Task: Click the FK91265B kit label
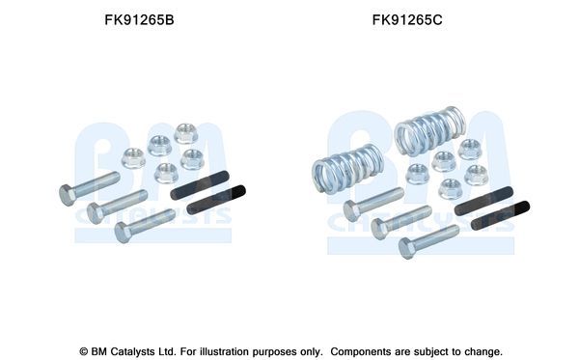point(139,20)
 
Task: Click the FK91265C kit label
point(407,20)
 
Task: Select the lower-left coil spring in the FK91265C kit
point(347,169)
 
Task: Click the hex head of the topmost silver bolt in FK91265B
point(68,195)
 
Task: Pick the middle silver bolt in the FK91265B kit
point(117,207)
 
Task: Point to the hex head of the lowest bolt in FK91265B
point(123,232)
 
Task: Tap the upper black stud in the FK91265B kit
point(200,185)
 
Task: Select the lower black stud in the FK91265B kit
point(216,200)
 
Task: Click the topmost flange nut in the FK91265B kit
point(185,133)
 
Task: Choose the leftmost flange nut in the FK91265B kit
point(133,158)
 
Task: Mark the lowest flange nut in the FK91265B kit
point(166,173)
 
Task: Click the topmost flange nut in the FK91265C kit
point(470,149)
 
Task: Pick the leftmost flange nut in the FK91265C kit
point(417,174)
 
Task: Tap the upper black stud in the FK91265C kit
point(483,201)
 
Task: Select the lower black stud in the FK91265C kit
point(500,215)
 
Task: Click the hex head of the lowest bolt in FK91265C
point(407,248)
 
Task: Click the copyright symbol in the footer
point(84,351)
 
